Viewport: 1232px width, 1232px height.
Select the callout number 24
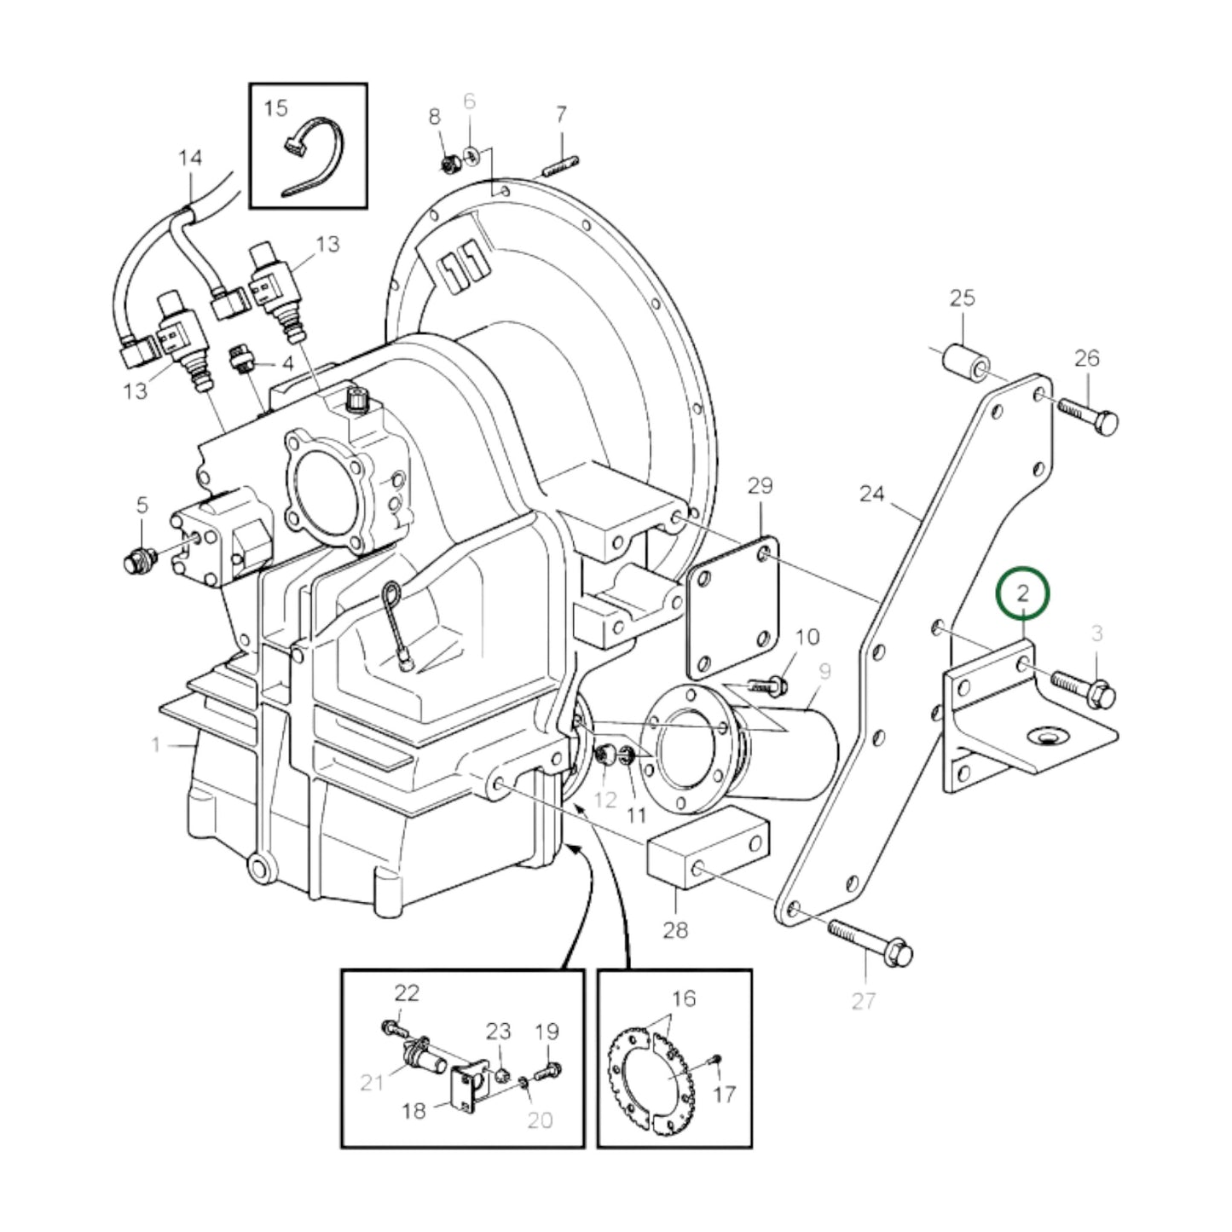click(x=871, y=494)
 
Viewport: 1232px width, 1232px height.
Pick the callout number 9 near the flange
click(x=824, y=672)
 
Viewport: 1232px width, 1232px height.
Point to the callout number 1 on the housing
click(x=155, y=746)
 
